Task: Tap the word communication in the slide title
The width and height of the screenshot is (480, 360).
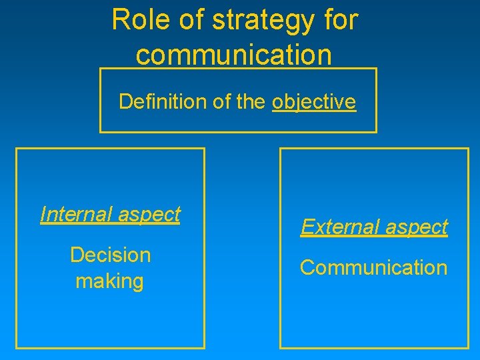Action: [233, 55]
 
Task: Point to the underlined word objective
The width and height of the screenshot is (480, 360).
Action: [314, 102]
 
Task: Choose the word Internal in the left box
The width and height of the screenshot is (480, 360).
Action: [75, 214]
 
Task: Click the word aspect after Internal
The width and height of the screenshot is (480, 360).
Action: [148, 215]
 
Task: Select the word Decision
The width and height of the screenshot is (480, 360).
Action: [111, 255]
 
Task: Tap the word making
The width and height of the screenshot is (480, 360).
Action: [109, 281]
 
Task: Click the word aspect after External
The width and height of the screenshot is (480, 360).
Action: [415, 227]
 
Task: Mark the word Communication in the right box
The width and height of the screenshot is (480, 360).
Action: [373, 267]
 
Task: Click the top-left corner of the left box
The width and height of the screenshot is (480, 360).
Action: [17, 149]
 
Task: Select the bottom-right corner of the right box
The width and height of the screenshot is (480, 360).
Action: [469, 347]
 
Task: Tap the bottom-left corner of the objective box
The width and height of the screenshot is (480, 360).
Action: [100, 132]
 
